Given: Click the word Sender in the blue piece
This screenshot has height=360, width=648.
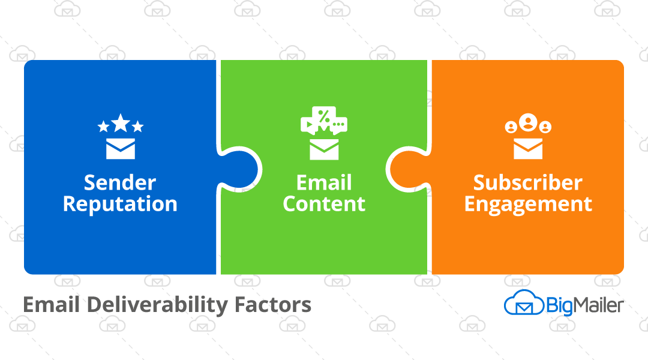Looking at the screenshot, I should (x=120, y=182).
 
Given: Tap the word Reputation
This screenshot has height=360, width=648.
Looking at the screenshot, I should (x=120, y=204).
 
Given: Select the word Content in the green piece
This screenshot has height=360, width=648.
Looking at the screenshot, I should (x=324, y=204).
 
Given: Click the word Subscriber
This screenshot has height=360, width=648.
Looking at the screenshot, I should (x=528, y=182).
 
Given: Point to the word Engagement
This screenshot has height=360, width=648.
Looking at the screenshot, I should (x=528, y=205).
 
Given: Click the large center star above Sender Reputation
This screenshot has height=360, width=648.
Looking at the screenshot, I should (x=121, y=123).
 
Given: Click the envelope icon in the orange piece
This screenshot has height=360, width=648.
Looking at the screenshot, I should (x=528, y=148).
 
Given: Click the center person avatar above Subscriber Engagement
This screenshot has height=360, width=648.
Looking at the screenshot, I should (x=528, y=122).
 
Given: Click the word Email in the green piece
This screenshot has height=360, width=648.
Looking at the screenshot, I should (x=324, y=182).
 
